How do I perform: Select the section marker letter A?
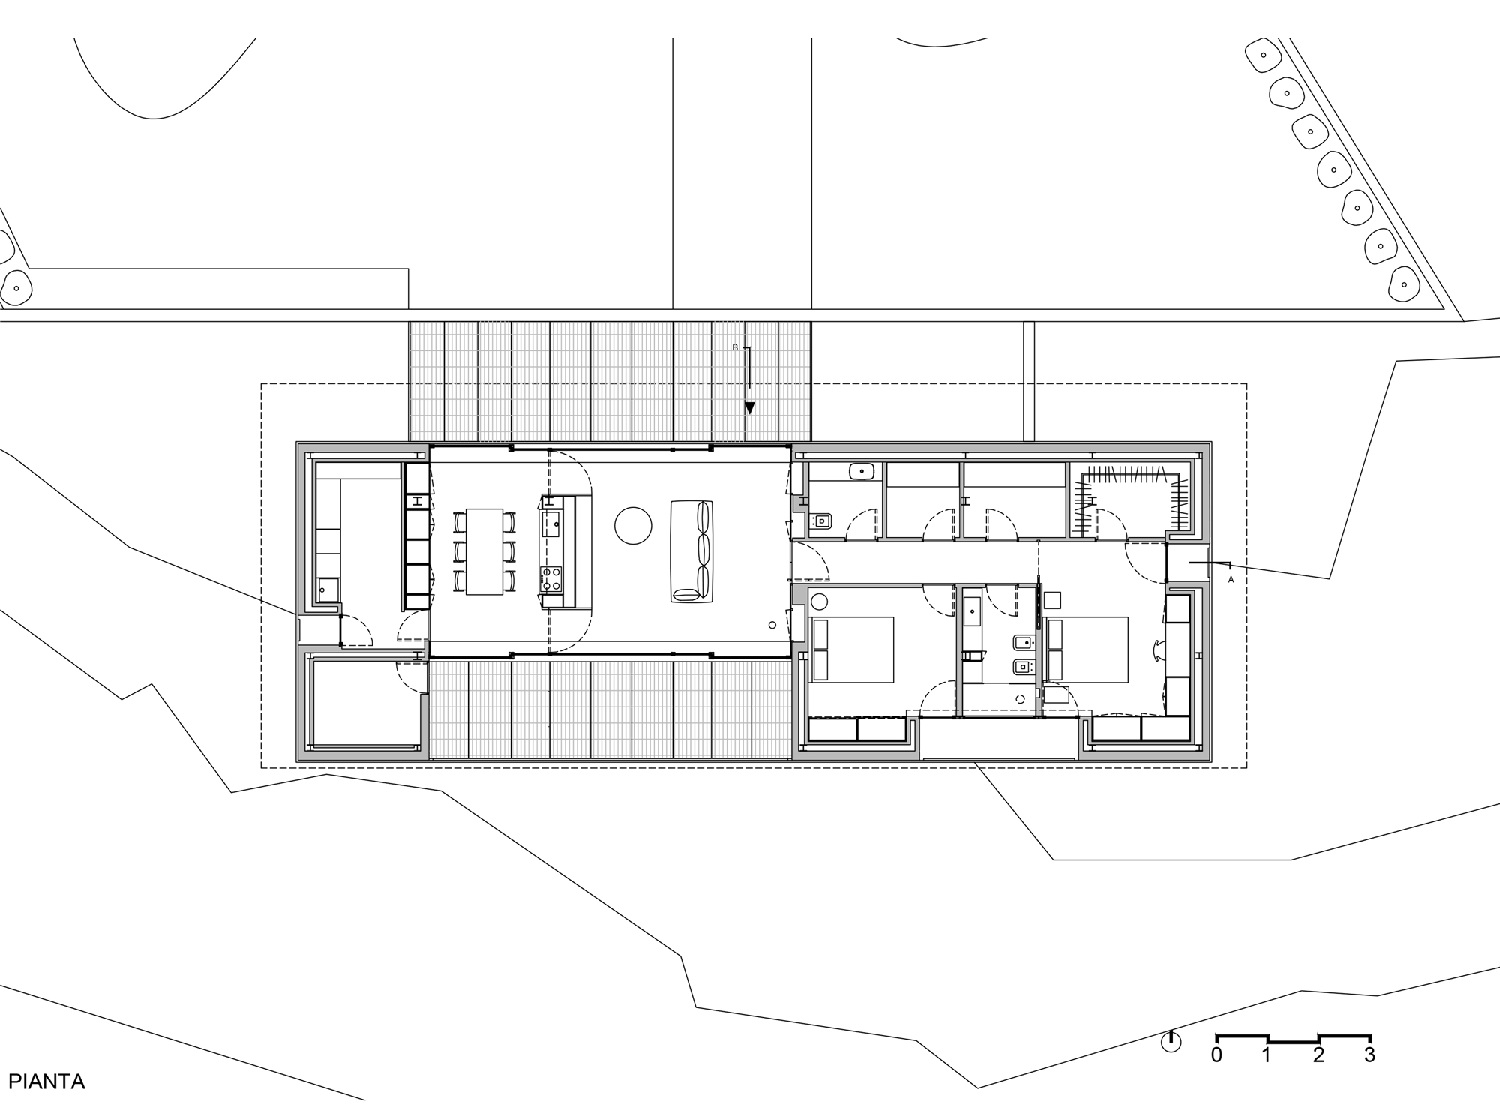(1231, 579)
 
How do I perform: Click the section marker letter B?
(735, 347)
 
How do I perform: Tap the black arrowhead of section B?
(749, 408)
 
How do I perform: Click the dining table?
(484, 551)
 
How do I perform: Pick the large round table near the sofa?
(633, 525)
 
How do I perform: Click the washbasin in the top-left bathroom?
(862, 472)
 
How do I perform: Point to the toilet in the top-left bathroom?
(821, 520)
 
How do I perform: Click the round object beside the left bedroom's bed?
(819, 601)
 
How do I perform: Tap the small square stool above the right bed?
(1052, 600)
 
